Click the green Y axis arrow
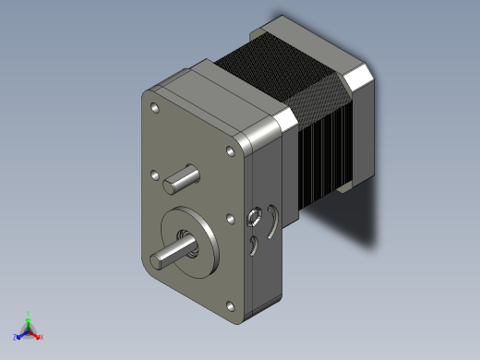click(x=28, y=320)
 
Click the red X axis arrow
click(x=35, y=334)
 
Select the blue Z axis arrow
click(x=21, y=334)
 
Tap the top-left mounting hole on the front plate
click(x=153, y=109)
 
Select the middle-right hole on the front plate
click(x=228, y=219)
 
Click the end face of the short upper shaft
click(x=171, y=186)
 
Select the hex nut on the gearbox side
click(x=254, y=219)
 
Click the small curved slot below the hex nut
click(x=253, y=245)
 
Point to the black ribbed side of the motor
click(x=318, y=152)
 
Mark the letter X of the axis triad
click(x=42, y=338)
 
